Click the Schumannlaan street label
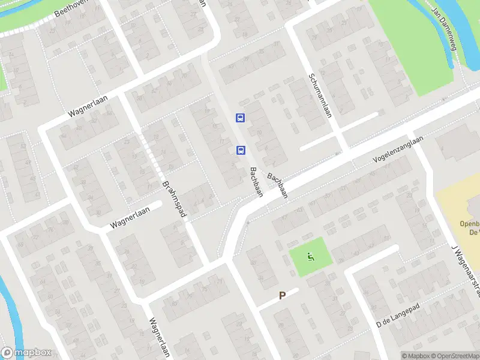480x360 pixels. coord(320,95)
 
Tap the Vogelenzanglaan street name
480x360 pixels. coord(398,148)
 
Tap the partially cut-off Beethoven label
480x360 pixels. coord(71,8)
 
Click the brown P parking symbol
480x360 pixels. coord(281,295)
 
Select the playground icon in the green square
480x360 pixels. coord(310,257)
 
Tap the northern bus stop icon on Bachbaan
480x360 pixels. coord(240,118)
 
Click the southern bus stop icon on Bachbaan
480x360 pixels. coord(241,150)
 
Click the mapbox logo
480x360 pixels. coord(25,353)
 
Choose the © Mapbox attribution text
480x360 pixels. coord(415,356)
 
